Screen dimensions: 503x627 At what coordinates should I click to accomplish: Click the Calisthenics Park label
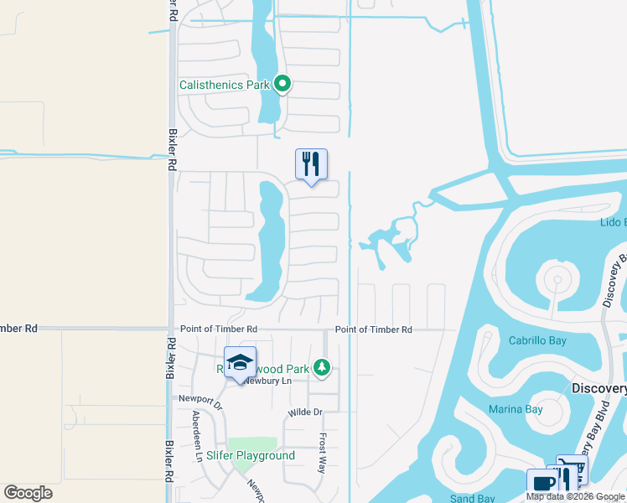pos(225,85)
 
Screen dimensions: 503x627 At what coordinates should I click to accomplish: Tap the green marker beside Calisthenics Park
pos(283,84)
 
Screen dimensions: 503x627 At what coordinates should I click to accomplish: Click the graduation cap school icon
pos(240,362)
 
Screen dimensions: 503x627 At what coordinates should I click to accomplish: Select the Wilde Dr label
pos(305,412)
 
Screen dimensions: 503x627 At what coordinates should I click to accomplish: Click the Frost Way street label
pos(322,454)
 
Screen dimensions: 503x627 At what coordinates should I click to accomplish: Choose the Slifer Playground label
pos(251,456)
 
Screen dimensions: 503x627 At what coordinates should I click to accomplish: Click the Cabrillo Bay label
pos(537,340)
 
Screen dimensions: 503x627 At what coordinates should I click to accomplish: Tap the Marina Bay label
pos(516,410)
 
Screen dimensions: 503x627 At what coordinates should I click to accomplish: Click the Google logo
pos(28,493)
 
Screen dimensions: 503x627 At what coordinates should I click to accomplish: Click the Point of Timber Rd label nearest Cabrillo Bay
pos(374,330)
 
